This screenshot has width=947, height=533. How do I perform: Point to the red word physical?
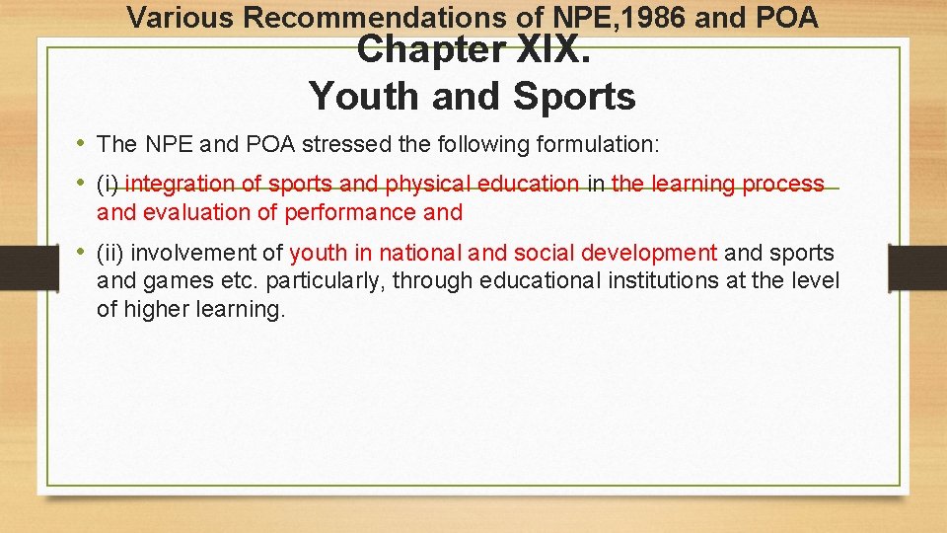click(x=427, y=184)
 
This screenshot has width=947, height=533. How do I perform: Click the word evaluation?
click(x=197, y=212)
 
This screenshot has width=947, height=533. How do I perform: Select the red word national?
click(x=414, y=253)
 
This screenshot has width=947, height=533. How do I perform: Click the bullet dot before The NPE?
click(x=80, y=144)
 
